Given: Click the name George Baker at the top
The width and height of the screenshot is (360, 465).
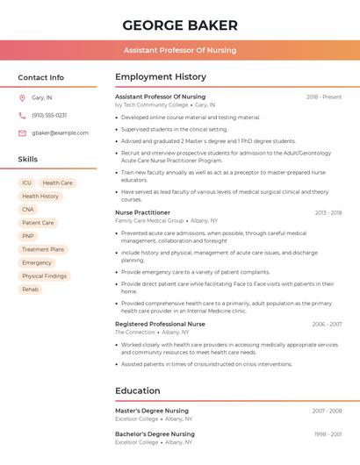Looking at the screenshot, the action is click(x=180, y=25).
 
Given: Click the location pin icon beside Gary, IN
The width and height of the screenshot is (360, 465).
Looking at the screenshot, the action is click(x=22, y=97).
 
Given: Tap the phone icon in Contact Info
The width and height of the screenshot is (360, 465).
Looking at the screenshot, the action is click(x=22, y=115).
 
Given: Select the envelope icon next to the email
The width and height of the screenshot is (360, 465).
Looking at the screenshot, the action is click(x=22, y=133).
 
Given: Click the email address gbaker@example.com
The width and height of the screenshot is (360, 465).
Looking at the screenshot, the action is click(x=60, y=133).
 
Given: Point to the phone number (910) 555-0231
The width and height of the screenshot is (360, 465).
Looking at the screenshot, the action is click(x=49, y=115).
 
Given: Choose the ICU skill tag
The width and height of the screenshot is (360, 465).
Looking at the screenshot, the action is click(x=27, y=183).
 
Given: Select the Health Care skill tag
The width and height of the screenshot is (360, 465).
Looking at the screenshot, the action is click(x=58, y=183).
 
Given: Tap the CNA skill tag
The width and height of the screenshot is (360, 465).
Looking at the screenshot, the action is click(x=28, y=210).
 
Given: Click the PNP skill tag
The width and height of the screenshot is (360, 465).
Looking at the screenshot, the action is click(x=28, y=236).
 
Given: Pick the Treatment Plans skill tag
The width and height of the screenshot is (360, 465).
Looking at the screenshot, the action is click(x=43, y=249).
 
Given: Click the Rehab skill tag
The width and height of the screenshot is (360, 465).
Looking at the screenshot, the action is click(x=30, y=289).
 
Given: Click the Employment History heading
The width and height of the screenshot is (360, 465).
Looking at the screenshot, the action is click(x=161, y=77).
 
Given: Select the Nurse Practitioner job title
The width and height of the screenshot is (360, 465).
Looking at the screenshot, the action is click(x=142, y=212).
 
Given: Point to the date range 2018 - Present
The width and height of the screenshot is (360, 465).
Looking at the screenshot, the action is click(x=324, y=97).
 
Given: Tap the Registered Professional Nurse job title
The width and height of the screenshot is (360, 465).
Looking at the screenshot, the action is click(x=160, y=324).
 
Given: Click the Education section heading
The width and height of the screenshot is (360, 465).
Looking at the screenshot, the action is click(x=137, y=390).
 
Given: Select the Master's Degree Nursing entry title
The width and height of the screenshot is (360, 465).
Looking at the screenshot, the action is click(x=152, y=411).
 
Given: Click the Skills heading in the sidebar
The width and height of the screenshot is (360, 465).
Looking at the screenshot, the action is click(x=28, y=160).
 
